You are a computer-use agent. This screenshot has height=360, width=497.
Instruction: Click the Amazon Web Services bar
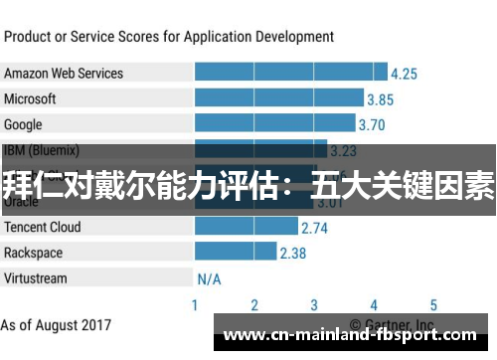click(290, 73)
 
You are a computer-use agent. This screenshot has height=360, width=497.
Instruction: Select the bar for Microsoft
click(278, 98)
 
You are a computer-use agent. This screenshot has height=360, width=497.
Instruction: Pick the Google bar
click(274, 124)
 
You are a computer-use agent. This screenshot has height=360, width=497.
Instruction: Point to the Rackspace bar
click(235, 253)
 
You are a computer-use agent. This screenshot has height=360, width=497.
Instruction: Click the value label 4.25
click(404, 74)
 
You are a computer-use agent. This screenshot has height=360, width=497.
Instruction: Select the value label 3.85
click(380, 99)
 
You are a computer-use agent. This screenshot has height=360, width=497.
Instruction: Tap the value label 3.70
click(372, 125)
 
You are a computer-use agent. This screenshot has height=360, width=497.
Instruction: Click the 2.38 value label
click(293, 254)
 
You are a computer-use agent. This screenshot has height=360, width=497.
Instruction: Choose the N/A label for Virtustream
click(209, 278)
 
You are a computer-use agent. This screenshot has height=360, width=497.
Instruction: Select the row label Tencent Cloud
click(43, 227)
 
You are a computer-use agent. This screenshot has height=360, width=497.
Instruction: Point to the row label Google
click(23, 124)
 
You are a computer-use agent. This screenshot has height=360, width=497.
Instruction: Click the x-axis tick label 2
click(254, 305)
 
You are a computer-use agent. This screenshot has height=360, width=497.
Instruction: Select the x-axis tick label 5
click(433, 305)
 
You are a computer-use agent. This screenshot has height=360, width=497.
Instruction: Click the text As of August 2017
click(57, 325)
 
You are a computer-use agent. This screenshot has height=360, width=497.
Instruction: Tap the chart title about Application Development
click(169, 37)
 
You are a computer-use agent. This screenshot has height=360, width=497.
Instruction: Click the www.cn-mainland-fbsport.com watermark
click(352, 334)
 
